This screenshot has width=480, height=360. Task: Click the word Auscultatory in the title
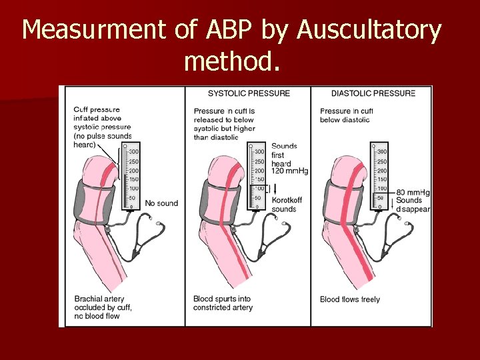pyautogui.click(x=369, y=31)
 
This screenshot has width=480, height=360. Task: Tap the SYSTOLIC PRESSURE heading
pyautogui.click(x=249, y=93)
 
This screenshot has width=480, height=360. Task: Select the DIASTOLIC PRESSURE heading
pyautogui.click(x=373, y=93)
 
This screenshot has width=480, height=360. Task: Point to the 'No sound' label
pyautogui.click(x=161, y=203)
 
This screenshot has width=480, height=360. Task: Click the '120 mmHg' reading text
pyautogui.click(x=289, y=171)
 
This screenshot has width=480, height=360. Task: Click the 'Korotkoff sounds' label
pyautogui.click(x=284, y=205)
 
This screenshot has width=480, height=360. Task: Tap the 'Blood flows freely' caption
pyautogui.click(x=350, y=299)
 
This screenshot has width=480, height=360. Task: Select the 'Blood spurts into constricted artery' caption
pyautogui.click(x=223, y=303)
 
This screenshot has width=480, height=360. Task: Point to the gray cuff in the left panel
pyautogui.click(x=93, y=199)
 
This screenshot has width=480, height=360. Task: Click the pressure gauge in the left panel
pyautogui.click(x=130, y=177)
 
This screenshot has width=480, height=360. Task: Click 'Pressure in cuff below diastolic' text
pyautogui.click(x=347, y=115)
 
